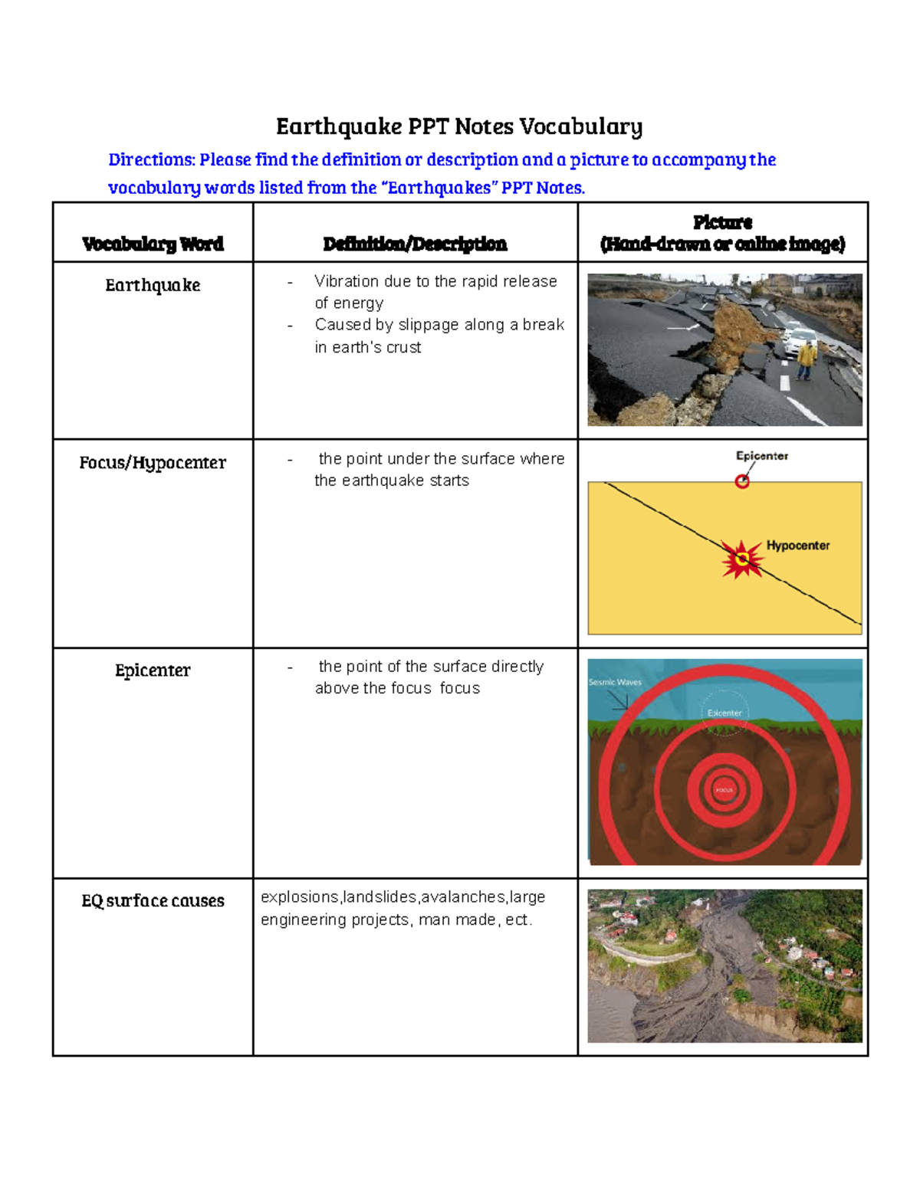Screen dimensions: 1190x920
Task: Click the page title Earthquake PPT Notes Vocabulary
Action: tap(459, 126)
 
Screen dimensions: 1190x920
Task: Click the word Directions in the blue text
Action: tap(152, 160)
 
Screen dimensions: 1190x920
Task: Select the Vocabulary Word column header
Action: tap(153, 244)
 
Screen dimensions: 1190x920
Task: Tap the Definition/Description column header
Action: tap(415, 244)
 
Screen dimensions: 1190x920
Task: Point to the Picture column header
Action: tap(722, 233)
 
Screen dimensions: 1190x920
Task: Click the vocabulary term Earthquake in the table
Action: tap(153, 285)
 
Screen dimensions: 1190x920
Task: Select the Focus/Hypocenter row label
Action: tap(153, 463)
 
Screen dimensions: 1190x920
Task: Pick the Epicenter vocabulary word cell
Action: tap(153, 670)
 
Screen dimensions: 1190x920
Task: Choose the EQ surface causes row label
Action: tap(153, 900)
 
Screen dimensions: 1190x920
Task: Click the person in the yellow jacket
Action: tap(805, 360)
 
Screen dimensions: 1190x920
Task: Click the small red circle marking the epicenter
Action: tap(742, 481)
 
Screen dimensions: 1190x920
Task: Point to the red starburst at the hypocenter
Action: tap(741, 559)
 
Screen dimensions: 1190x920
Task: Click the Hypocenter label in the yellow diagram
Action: tap(797, 546)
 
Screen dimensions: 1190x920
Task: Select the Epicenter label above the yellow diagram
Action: tap(761, 456)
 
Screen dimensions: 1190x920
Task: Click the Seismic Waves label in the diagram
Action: tap(615, 682)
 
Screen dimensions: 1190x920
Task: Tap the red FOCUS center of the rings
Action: tap(724, 789)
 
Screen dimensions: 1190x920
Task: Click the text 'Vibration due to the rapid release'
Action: tap(435, 281)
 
